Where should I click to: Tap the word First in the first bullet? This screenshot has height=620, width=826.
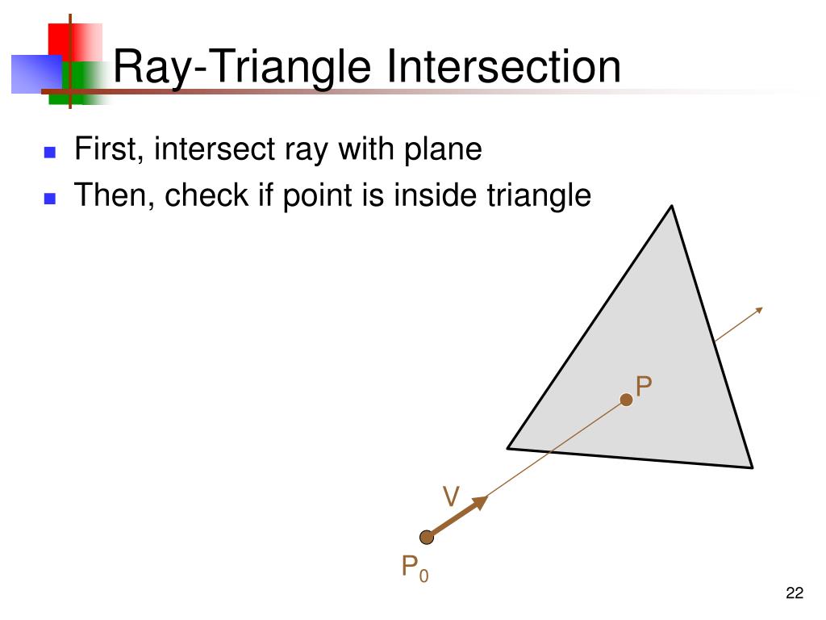(106, 149)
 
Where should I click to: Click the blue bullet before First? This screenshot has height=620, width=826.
(50, 152)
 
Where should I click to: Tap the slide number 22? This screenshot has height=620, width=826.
(794, 594)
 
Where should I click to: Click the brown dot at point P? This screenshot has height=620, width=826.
(626, 400)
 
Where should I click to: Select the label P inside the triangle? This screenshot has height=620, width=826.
(643, 387)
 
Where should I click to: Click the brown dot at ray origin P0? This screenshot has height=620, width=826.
(427, 537)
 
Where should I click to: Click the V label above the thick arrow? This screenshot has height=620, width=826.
(451, 497)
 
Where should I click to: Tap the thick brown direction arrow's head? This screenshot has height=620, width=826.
(481, 502)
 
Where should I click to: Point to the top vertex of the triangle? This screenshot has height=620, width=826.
(672, 207)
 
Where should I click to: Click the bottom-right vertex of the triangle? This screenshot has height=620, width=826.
(751, 466)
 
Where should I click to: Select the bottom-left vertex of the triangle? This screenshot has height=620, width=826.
(508, 446)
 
